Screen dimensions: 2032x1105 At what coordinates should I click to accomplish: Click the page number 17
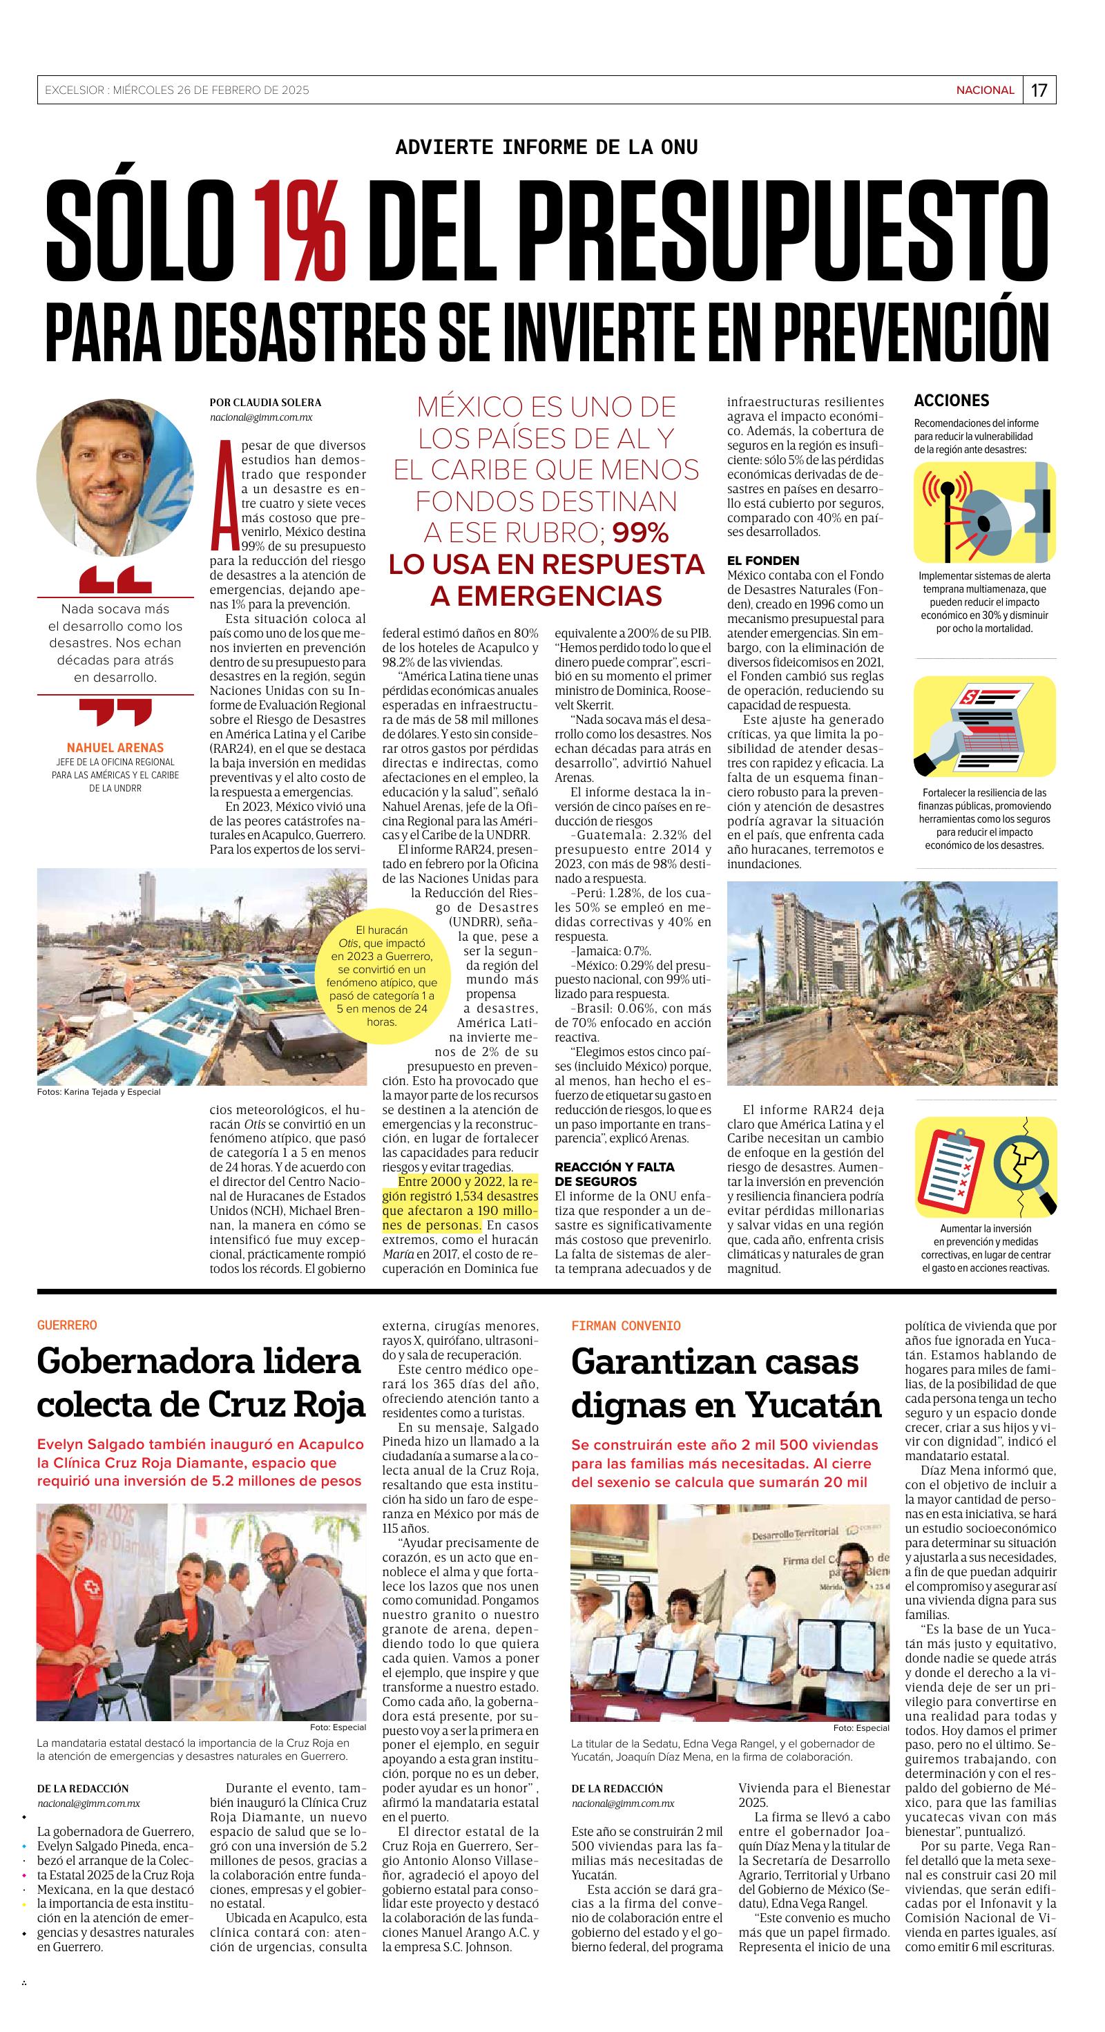coord(1039,90)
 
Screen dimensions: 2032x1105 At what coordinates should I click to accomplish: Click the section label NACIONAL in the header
coord(985,90)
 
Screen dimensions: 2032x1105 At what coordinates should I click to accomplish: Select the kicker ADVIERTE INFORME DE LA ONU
coord(546,146)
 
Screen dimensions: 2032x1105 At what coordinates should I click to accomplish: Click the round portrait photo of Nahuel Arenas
coord(115,467)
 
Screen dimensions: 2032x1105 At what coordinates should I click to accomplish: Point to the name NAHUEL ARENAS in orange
coord(115,747)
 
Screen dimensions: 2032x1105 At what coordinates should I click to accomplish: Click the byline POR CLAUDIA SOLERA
coord(265,402)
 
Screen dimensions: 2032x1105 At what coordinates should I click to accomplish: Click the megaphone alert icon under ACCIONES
coord(984,512)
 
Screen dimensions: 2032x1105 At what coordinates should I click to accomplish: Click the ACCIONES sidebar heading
coord(951,401)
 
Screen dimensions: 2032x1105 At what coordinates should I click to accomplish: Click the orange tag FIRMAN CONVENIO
coord(626,1325)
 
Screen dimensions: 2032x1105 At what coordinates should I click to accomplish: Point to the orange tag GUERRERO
coord(67,1325)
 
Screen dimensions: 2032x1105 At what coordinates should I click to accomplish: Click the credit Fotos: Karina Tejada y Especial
coord(99,1092)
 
